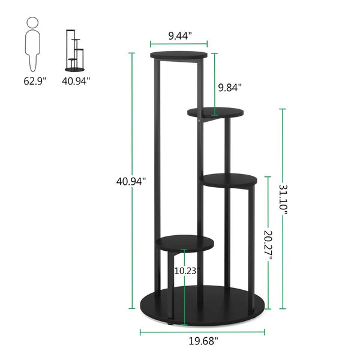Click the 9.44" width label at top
[179, 35]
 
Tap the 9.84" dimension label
[230, 88]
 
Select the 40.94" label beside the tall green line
[131, 180]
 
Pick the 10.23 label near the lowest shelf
[185, 271]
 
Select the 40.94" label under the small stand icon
[76, 79]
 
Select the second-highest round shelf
[216, 112]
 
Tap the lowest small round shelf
[185, 242]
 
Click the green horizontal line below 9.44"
[179, 44]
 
